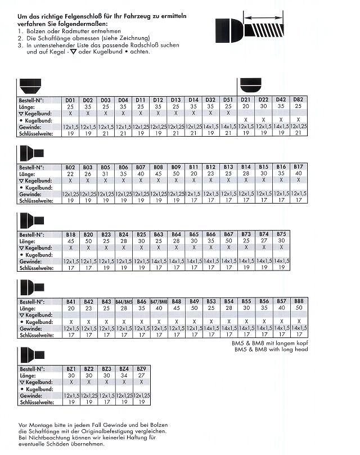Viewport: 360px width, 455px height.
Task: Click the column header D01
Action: (71, 100)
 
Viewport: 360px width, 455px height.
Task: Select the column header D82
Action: (298, 100)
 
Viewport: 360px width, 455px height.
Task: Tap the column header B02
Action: (71, 167)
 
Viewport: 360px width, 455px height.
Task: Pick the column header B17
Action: (298, 167)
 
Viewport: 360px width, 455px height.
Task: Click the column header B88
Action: (298, 301)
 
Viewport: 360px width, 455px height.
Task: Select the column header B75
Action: (281, 233)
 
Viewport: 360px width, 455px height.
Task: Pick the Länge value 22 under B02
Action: (71, 174)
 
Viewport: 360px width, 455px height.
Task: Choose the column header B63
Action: (159, 233)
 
